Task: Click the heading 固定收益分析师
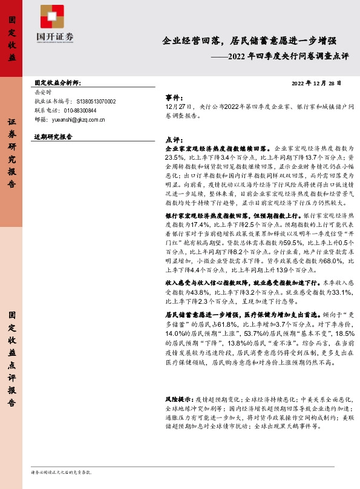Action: point(57,84)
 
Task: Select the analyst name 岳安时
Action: point(43,93)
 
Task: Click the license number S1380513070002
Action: point(94,102)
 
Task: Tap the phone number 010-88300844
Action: point(80,111)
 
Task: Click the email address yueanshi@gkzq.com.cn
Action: point(83,120)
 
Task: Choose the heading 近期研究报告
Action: point(53,137)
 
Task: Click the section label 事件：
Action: point(174,97)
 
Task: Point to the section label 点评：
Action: point(174,139)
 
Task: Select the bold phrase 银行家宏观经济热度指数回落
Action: point(203,215)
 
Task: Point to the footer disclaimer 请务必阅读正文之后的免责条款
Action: point(61,471)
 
